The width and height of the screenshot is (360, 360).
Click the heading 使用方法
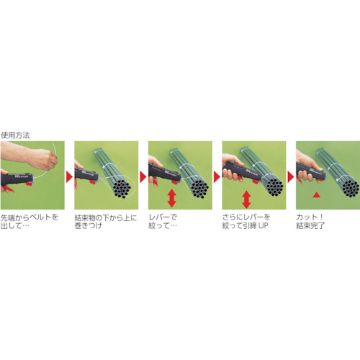15,135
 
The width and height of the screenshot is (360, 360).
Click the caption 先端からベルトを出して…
30,221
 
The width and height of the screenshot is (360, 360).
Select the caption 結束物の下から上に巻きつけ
106,221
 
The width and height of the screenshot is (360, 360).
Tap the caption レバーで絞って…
163,221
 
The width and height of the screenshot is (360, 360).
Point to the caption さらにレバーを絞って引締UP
246,221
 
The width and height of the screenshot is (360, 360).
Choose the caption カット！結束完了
310,221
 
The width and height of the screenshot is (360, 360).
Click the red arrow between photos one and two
69,177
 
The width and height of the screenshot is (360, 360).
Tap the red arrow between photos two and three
143,177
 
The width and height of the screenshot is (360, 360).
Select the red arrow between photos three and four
217,177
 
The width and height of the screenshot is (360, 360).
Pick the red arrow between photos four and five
291,177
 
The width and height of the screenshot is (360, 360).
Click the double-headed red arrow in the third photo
172,198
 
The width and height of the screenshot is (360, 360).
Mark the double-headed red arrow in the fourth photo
246,199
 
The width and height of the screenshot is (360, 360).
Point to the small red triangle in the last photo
317,194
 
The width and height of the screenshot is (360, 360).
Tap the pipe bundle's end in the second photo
122,189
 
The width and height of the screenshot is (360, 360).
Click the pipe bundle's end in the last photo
351,188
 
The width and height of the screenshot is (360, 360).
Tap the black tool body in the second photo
87,174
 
